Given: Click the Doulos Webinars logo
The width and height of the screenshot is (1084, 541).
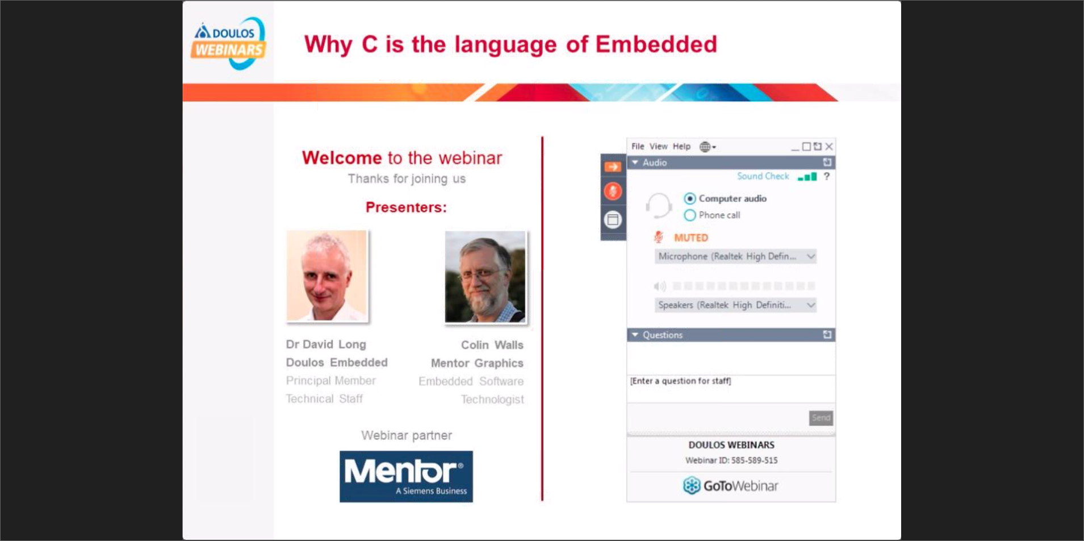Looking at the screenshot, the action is pos(228,43).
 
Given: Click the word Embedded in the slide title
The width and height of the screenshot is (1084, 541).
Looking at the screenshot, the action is pos(656,44).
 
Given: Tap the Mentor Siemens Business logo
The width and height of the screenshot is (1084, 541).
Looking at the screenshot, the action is pos(406,476).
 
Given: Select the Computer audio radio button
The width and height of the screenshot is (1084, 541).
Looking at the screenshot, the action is pos(690,198).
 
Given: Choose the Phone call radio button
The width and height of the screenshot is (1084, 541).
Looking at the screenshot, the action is pos(690,215).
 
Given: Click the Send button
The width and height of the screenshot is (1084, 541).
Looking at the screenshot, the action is pos(821,418).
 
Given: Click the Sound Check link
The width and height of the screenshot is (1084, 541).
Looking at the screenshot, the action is pos(763,176).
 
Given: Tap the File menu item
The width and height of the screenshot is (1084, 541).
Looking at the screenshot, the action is pos(638,147).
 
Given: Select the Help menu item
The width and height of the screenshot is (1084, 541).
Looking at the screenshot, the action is pos(681,147).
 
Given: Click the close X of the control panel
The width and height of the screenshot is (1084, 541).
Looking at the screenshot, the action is pos(829,147).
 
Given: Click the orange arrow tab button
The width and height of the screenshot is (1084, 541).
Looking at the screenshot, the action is pos(613,167).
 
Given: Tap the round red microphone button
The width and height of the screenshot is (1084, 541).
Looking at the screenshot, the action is pos(613,192).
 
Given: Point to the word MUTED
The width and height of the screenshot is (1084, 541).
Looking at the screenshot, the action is pos(691,238).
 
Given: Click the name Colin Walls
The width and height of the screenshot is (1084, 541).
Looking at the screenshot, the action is pos(492,345).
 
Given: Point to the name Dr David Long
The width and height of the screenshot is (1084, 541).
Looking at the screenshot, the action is pos(326,344).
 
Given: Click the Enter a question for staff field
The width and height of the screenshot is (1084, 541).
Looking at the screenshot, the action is pos(731,389).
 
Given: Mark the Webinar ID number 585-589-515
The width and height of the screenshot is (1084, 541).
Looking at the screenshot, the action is pos(755,461).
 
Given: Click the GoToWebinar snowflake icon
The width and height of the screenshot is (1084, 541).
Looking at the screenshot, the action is pos(692,486).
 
